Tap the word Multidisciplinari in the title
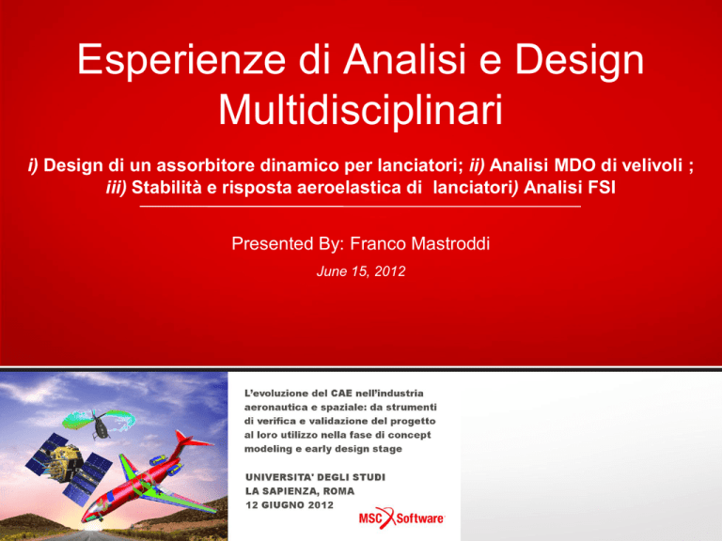pyautogui.click(x=361, y=110)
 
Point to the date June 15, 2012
pyautogui.click(x=361, y=270)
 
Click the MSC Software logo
pyautogui.click(x=401, y=518)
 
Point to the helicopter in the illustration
pyautogui.click(x=102, y=425)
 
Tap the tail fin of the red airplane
pyautogui.click(x=190, y=441)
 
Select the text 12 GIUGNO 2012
pyautogui.click(x=290, y=505)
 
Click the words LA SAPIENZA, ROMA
pyautogui.click(x=300, y=491)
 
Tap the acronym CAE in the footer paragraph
pyautogui.click(x=341, y=394)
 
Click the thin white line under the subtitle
pyautogui.click(x=360, y=207)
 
